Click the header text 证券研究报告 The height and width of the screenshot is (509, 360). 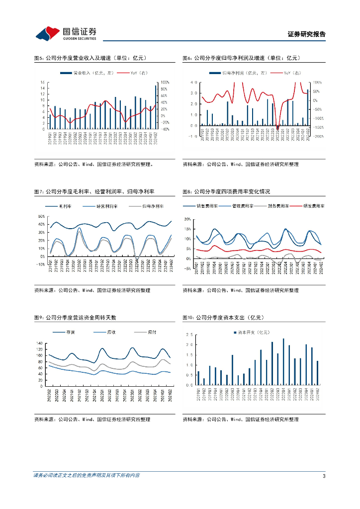point(306,34)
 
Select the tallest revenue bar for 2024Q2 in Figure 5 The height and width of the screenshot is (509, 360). point(156,107)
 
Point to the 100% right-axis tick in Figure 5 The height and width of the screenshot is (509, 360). point(166,83)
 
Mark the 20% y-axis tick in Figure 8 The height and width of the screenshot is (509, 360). point(187,219)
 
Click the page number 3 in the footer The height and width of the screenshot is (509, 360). point(324,476)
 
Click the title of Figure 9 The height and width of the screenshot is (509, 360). point(75,317)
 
